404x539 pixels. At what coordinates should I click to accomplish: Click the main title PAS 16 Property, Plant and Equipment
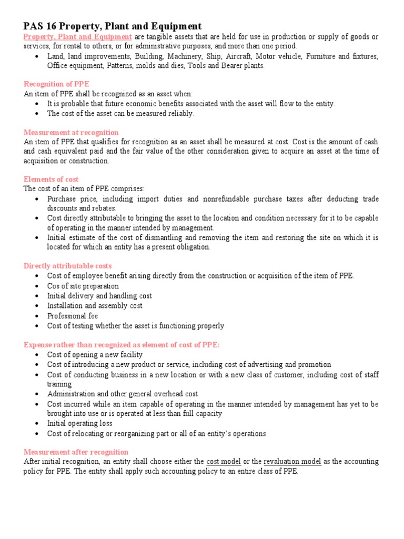tap(112, 26)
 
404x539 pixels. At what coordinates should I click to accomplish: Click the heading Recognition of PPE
tap(56, 84)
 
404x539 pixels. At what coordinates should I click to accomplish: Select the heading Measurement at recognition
tap(71, 132)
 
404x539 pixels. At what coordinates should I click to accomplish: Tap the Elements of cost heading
tap(51, 179)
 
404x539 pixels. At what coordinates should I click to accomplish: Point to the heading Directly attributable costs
tap(67, 266)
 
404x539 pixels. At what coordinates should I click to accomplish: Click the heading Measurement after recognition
tap(76, 452)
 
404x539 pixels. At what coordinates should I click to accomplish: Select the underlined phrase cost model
tap(224, 462)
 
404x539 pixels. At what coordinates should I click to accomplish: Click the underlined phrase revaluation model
tap(292, 462)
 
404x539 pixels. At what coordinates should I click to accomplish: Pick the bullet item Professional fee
tap(73, 316)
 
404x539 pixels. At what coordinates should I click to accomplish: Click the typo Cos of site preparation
tap(83, 286)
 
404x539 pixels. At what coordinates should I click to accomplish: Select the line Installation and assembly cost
tap(95, 306)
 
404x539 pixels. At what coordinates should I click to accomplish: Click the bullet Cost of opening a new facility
tap(95, 355)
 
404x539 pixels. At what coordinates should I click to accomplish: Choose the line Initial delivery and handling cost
tap(99, 296)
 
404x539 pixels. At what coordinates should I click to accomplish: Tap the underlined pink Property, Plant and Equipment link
tap(77, 36)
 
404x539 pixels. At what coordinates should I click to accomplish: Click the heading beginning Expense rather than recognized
tap(122, 344)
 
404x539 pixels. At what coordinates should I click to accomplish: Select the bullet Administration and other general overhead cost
tap(122, 394)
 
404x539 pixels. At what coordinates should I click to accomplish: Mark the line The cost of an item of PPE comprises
tap(84, 189)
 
